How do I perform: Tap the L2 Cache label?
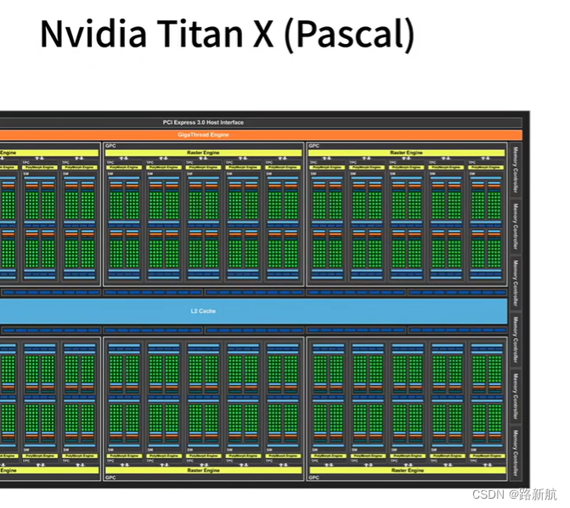[202, 311]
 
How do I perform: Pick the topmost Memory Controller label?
[515, 168]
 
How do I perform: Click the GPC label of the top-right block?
[313, 146]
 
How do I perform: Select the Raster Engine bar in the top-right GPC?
[406, 153]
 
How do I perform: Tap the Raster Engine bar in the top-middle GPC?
[202, 153]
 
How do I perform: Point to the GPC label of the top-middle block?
[110, 146]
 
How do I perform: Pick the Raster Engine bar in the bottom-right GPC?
[406, 470]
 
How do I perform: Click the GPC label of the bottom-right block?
[313, 477]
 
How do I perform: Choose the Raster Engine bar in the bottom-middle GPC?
[202, 470]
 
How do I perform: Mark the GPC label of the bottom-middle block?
[110, 477]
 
